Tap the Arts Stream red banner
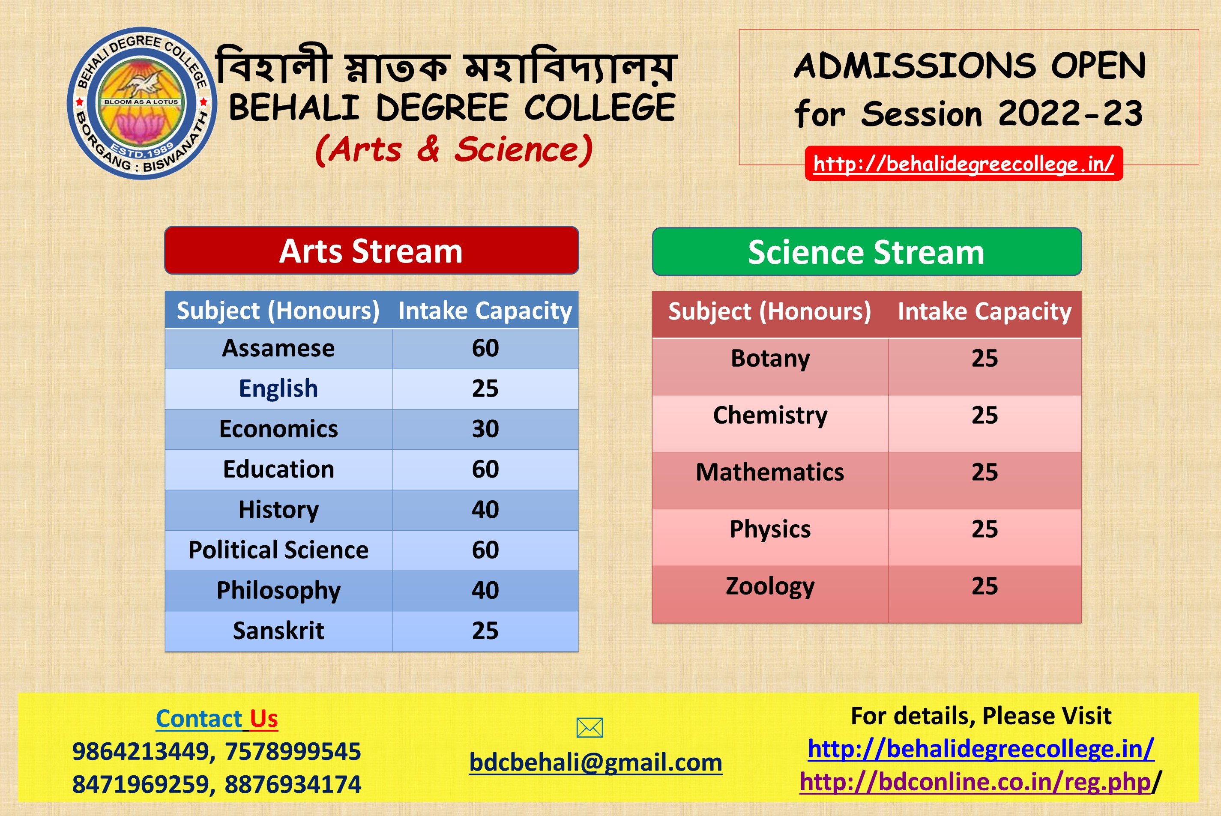pos(371,250)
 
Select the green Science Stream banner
pos(867,252)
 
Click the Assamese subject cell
pos(278,348)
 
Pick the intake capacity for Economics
pos(485,429)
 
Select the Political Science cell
pos(278,550)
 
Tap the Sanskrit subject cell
pos(278,631)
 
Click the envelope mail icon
pos(590,727)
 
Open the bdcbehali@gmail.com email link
pos(596,763)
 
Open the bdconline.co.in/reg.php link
pos(975,782)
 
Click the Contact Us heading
pos(217,719)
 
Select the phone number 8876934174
pos(293,784)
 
